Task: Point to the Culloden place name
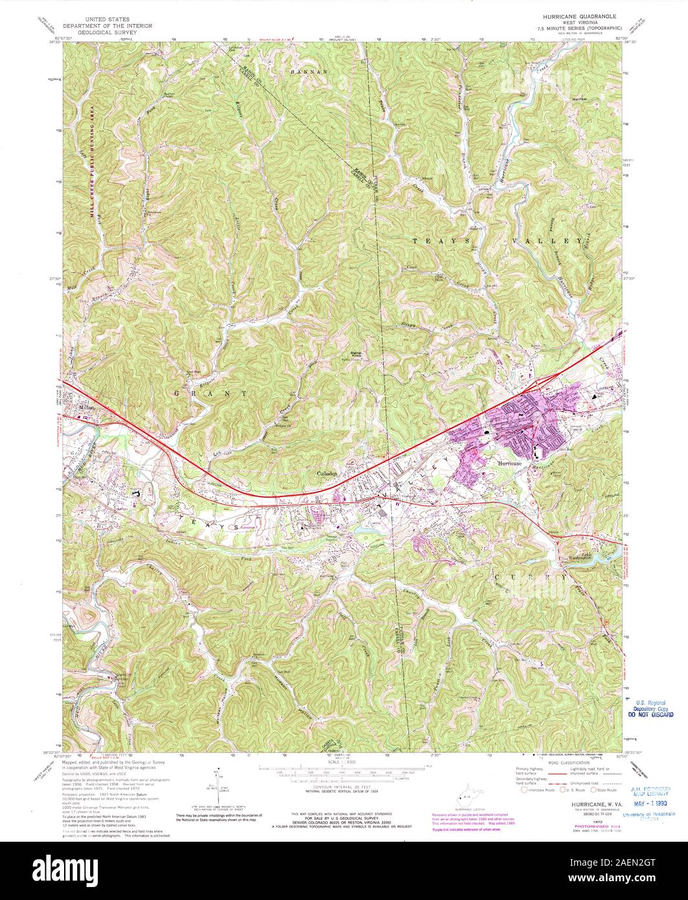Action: click(x=328, y=473)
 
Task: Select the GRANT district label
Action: click(x=210, y=393)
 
